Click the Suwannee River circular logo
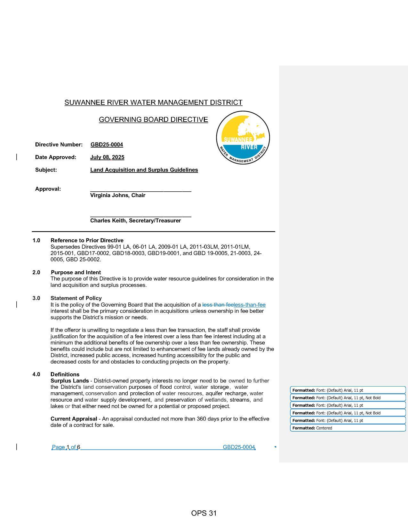point(243,138)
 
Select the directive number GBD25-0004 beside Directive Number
point(107,145)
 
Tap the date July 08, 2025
point(107,157)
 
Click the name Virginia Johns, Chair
point(117,195)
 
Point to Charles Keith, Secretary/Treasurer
point(135,220)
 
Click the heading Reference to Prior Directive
point(87,240)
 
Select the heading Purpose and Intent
point(76,272)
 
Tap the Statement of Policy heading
point(76,298)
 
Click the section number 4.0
point(36,374)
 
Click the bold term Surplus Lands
point(69,381)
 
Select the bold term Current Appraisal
point(74,419)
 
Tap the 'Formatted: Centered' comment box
point(348,428)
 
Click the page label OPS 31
point(204,513)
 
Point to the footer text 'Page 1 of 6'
point(66,447)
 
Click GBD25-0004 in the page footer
point(239,447)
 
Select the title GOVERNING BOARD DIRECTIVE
point(153,120)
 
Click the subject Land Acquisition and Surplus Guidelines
point(144,170)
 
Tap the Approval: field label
point(48,189)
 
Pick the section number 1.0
point(36,240)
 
